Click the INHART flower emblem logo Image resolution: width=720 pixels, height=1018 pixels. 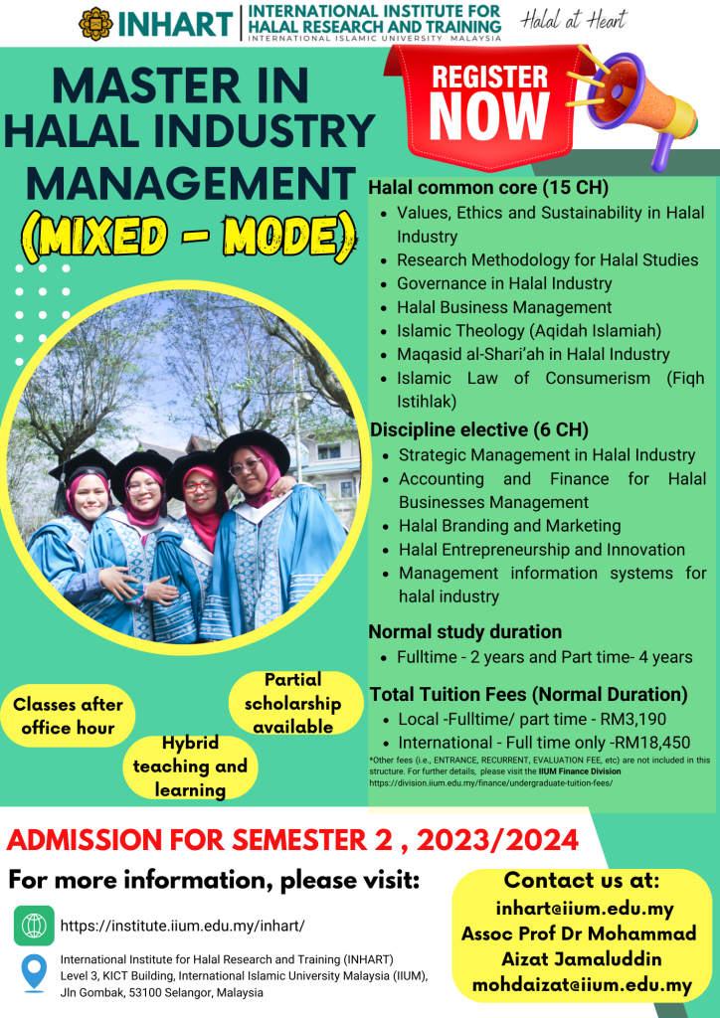94,24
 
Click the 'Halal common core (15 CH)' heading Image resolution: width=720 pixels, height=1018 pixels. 488,189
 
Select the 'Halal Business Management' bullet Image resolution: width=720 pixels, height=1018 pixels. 504,307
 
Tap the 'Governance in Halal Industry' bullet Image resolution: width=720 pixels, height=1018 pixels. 504,283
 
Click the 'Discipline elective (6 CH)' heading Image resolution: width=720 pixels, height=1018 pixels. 479,429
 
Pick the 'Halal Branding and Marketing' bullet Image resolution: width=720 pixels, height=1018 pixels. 509,525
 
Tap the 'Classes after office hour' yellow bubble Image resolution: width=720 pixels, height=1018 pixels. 69,716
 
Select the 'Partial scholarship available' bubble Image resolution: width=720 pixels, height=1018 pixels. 295,703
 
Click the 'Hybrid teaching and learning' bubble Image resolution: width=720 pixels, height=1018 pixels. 190,766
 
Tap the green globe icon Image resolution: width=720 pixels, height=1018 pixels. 34,926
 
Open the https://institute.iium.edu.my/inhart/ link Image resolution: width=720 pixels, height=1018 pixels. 182,926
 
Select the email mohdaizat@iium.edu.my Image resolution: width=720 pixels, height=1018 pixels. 582,985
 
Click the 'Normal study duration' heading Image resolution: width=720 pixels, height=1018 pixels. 464,631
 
